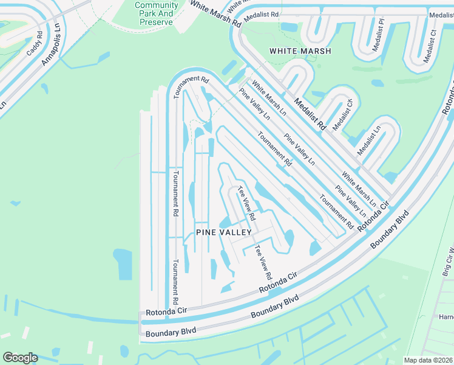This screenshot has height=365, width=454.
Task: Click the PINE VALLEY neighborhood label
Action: pos(223,232)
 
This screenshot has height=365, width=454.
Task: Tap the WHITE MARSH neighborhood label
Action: pos(300,51)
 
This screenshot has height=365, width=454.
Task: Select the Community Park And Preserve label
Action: pos(156,13)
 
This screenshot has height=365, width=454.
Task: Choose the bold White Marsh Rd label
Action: pos(215,14)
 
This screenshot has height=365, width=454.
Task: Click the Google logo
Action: pos(20,358)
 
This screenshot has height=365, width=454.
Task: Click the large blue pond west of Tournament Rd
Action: pos(122,264)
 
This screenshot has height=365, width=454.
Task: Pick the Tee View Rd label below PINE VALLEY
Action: pos(263,262)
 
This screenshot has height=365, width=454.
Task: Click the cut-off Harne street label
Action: pos(446,317)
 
